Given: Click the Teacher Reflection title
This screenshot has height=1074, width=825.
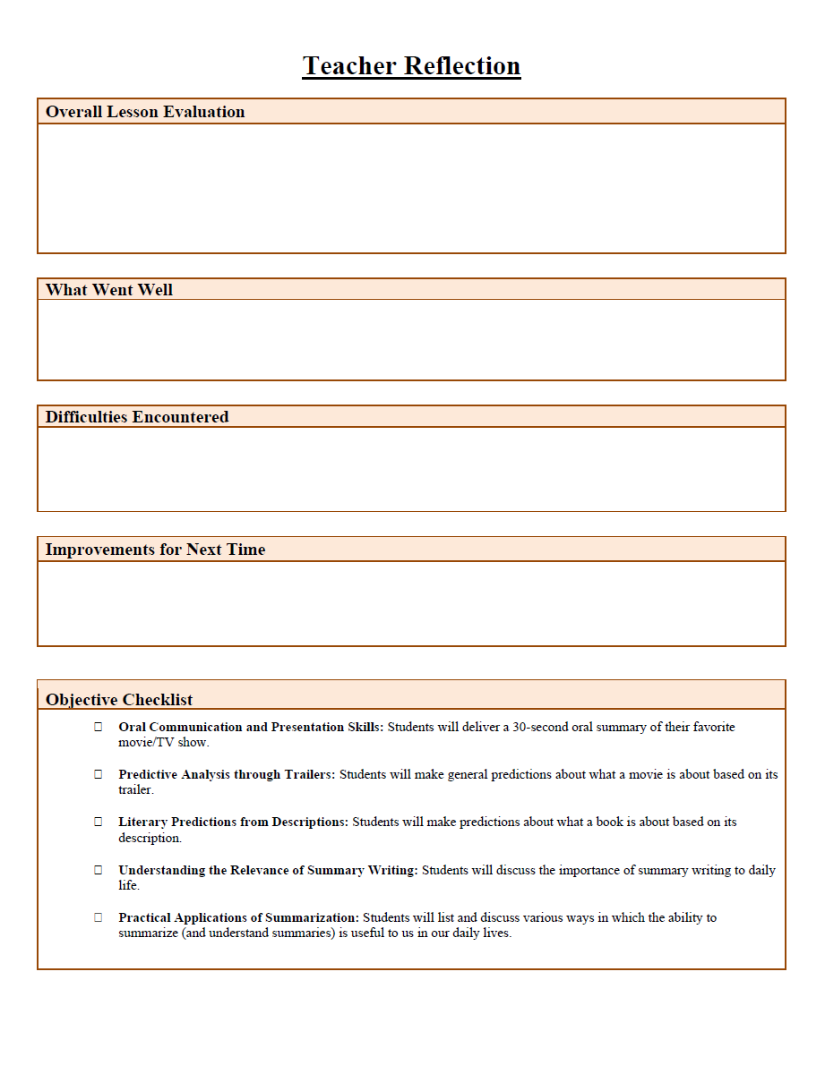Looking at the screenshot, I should [x=411, y=66].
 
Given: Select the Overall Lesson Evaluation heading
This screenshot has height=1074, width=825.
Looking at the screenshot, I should [x=145, y=112].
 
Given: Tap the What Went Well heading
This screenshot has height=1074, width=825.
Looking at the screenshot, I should [x=109, y=290].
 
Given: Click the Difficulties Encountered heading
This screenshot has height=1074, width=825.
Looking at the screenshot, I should [x=137, y=417].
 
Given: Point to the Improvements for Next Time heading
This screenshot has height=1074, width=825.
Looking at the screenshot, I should [x=155, y=550].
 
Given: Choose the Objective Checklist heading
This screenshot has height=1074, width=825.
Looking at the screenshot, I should [x=119, y=700].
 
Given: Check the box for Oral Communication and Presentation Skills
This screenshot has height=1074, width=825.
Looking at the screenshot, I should [x=99, y=727].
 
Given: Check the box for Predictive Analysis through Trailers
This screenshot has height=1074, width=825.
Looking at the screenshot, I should [x=99, y=774].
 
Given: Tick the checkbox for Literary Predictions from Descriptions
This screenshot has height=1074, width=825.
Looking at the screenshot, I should [x=99, y=822].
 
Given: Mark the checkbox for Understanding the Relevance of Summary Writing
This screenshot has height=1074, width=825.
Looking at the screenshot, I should [x=99, y=870].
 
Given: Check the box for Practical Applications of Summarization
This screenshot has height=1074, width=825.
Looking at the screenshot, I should [x=99, y=917].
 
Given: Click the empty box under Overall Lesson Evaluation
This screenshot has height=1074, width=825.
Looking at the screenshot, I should [x=411, y=188].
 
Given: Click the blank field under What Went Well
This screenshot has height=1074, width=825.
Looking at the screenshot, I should [x=411, y=339].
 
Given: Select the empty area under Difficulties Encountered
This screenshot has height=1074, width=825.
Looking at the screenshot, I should [x=411, y=469].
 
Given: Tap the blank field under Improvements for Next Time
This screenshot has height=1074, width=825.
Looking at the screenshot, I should [x=411, y=603].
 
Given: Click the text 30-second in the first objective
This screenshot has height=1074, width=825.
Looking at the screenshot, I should [x=542, y=727].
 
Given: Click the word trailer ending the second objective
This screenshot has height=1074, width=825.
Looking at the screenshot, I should [x=135, y=790].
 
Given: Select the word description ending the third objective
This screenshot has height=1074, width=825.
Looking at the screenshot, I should [x=149, y=839].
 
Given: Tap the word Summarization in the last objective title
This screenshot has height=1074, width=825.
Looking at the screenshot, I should [x=316, y=917].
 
